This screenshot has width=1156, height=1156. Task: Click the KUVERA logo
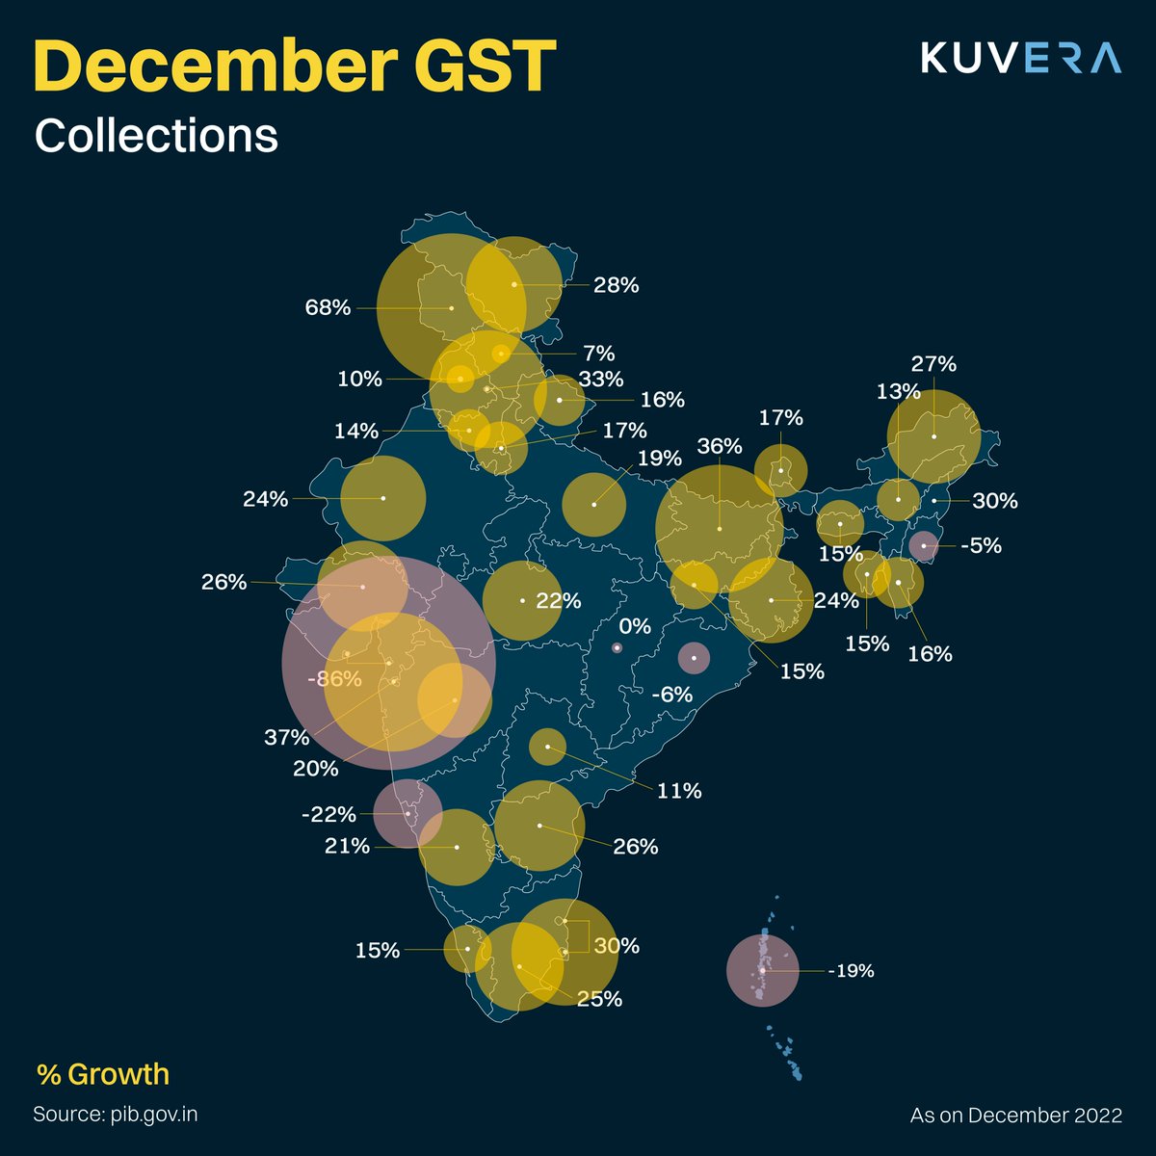1020,58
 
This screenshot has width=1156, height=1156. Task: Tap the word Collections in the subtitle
156,136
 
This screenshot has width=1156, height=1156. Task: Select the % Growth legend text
103,1074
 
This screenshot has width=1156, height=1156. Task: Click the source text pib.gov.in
116,1115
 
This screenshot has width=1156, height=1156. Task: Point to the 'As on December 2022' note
1016,1116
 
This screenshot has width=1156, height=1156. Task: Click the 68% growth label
328,308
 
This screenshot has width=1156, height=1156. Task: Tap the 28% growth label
617,285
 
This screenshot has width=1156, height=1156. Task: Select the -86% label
334,679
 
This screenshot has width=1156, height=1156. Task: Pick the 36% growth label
720,446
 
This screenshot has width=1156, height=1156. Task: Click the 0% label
635,626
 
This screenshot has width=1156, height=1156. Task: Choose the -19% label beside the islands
851,971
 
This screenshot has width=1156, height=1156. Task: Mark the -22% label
328,815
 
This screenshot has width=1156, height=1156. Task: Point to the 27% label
933,364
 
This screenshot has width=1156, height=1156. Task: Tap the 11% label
679,791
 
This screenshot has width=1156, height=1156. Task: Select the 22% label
559,601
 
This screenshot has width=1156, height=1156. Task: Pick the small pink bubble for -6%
694,658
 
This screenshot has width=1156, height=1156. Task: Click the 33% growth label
601,380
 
